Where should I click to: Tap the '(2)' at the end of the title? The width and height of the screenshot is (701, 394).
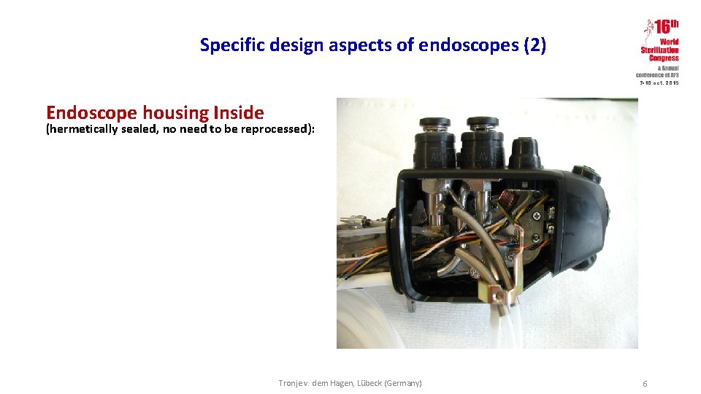534,45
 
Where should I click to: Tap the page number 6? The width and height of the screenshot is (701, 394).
645,384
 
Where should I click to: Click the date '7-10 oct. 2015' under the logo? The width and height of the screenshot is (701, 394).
659,83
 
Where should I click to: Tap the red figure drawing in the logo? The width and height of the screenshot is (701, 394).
647,31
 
